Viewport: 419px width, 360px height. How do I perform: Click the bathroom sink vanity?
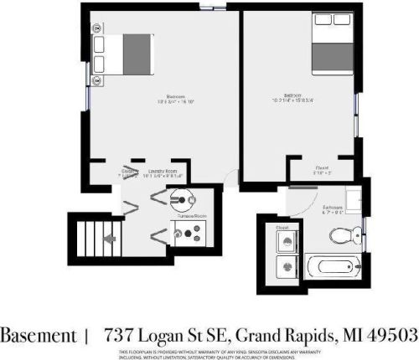coord(354,202)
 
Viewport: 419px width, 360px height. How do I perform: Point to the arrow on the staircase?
coord(107,239)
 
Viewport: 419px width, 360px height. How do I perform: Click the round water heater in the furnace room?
coord(182,198)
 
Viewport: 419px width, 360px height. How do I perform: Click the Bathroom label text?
coord(333,207)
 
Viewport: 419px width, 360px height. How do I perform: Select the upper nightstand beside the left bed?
coord(100,44)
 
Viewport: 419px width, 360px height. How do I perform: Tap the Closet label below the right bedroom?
coord(321,167)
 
